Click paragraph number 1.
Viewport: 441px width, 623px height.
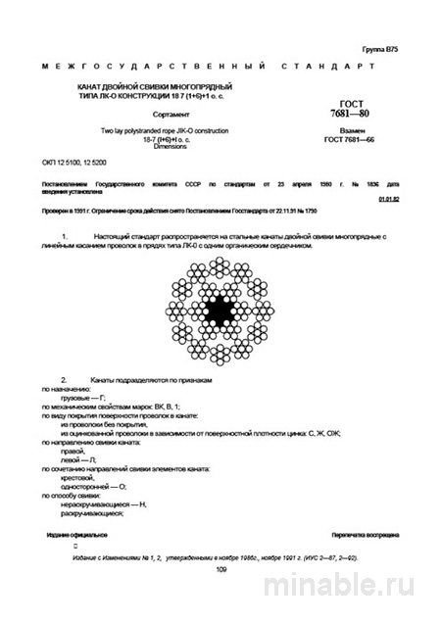click(65, 237)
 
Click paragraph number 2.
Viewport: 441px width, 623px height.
click(65, 378)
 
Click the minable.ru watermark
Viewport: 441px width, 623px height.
click(359, 591)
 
